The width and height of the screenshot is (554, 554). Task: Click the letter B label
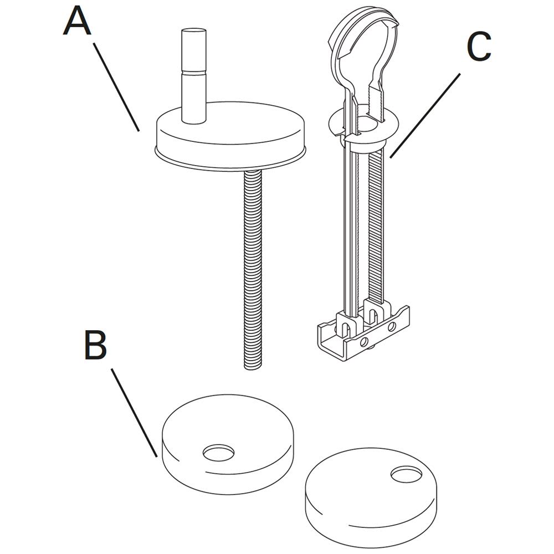[95, 345]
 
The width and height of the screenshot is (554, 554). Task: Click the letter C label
[479, 47]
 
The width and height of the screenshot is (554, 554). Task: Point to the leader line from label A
[116, 87]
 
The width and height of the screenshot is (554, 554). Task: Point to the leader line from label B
[134, 413]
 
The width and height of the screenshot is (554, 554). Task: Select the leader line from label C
[425, 116]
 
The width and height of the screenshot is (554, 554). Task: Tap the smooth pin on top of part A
[193, 75]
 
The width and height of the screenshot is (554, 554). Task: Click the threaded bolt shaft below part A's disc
[253, 269]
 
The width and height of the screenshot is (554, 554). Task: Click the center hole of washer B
[219, 453]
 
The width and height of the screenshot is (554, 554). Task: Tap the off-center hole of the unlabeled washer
[406, 475]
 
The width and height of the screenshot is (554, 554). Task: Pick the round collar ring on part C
[364, 128]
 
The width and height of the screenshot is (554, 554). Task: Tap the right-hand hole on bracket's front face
[392, 327]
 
